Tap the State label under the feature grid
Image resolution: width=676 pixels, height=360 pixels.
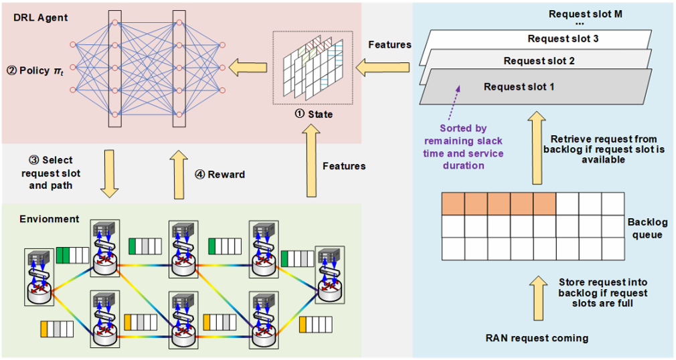click(x=314, y=114)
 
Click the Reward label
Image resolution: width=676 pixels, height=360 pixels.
click(x=220, y=175)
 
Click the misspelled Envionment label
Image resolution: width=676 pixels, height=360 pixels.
click(x=50, y=219)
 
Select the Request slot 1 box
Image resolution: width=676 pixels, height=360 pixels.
click(x=519, y=87)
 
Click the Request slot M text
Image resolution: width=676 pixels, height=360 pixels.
click(x=586, y=14)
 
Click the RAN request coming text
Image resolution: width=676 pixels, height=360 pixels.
click(x=537, y=338)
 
